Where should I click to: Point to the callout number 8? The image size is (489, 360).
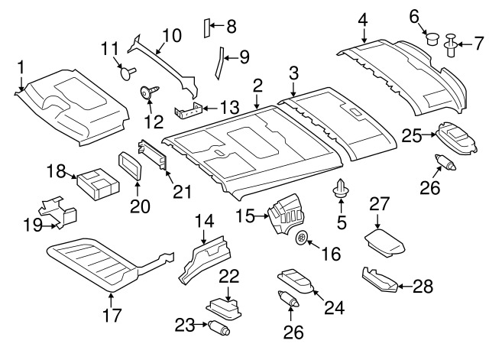click(230, 27)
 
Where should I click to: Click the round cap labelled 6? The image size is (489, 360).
click(430, 37)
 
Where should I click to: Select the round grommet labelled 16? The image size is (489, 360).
click(303, 238)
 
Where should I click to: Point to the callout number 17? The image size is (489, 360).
click(112, 315)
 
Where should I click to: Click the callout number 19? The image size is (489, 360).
click(33, 225)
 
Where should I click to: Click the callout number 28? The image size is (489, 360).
click(423, 287)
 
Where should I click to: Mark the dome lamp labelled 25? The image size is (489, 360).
click(454, 138)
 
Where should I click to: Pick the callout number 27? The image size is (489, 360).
click(380, 204)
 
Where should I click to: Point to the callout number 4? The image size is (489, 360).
click(363, 18)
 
